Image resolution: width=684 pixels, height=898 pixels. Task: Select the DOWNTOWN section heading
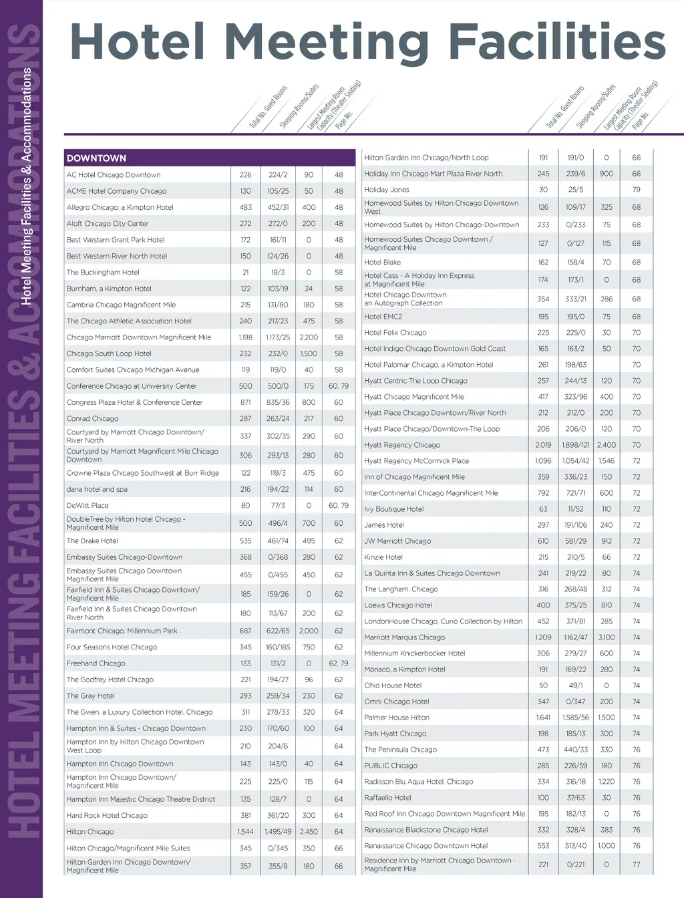[96, 158]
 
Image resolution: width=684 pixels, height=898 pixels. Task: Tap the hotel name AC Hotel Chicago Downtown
[114, 175]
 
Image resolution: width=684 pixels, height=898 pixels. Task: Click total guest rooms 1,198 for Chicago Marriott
[245, 337]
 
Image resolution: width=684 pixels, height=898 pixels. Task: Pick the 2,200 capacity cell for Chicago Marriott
[309, 337]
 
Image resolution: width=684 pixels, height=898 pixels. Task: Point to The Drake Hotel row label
[92, 541]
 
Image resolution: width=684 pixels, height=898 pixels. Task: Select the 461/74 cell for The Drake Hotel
[278, 541]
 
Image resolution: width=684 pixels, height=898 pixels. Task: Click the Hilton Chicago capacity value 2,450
[309, 832]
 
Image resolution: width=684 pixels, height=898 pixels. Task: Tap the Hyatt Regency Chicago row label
[402, 445]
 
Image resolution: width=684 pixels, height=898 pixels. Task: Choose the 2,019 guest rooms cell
[543, 445]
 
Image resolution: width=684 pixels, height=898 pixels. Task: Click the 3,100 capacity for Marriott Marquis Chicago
[607, 637]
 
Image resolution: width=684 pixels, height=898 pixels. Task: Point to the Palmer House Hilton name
[397, 718]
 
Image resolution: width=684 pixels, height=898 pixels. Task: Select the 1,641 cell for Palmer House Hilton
[543, 718]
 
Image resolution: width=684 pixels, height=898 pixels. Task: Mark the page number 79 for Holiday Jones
[636, 190]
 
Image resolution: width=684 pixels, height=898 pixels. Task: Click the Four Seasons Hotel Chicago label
[112, 647]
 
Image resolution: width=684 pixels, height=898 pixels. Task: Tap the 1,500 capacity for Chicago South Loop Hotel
[309, 353]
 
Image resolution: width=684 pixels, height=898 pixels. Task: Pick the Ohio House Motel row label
[393, 686]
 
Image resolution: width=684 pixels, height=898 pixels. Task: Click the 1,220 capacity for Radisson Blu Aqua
[607, 782]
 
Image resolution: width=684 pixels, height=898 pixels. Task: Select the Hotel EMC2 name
[383, 317]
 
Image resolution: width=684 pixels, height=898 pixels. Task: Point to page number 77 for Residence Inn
[636, 865]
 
